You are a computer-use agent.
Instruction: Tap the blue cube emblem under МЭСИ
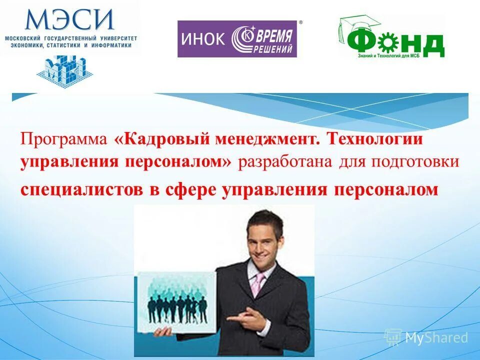61,69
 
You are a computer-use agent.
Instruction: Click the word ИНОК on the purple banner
202,39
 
